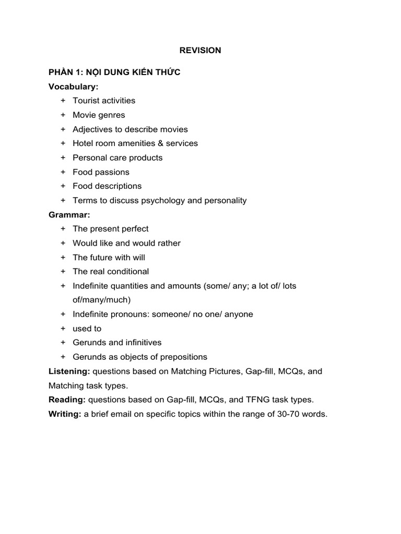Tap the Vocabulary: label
point(73,87)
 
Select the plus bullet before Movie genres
point(63,115)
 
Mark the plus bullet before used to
point(63,329)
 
